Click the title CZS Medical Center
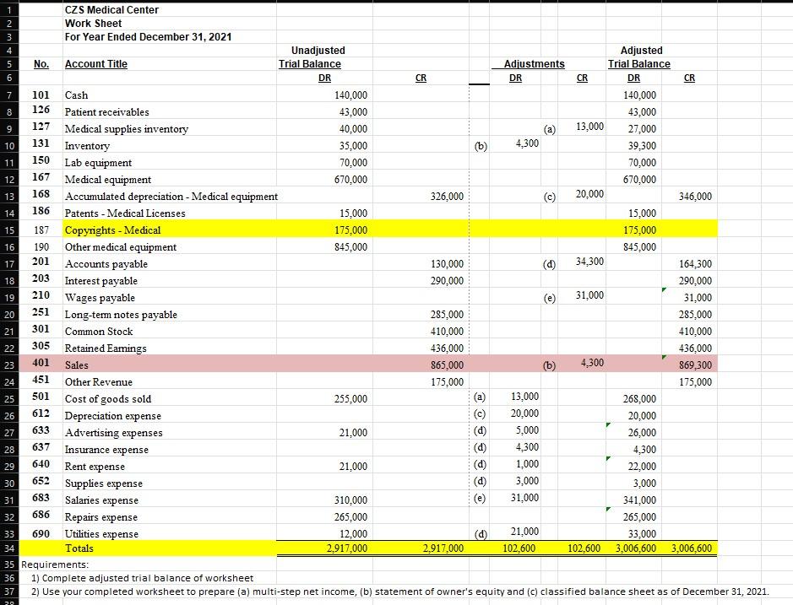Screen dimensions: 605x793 [111, 9]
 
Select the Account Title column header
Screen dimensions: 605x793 [96, 64]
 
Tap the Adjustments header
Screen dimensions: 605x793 [534, 64]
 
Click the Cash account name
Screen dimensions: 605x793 [76, 95]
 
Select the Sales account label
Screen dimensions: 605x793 [77, 365]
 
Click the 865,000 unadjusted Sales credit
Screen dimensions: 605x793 [446, 365]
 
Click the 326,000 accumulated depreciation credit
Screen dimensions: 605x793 [446, 197]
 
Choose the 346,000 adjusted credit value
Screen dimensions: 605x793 [694, 197]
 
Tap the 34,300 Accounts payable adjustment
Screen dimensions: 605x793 [589, 262]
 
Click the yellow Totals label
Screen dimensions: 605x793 [79, 548]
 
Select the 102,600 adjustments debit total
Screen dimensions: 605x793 [519, 548]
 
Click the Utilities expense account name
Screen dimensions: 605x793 [101, 534]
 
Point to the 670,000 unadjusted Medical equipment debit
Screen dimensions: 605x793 [351, 180]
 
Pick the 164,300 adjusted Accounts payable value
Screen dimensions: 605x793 [694, 264]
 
